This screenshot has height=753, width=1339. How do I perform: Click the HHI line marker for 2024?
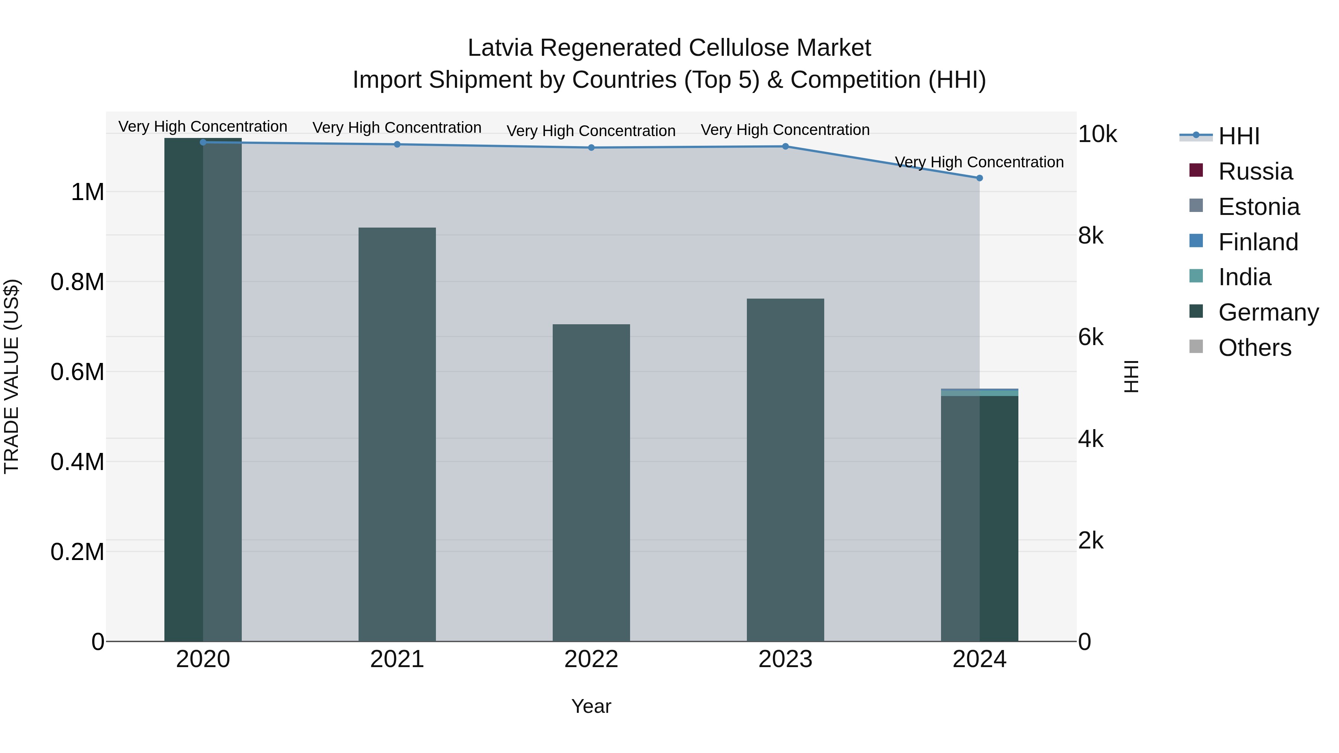979,178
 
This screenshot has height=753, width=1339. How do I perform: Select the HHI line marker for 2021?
397,144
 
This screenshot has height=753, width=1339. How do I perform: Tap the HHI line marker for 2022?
591,148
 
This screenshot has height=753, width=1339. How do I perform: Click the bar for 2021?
397,434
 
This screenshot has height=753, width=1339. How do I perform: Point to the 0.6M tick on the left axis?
77,372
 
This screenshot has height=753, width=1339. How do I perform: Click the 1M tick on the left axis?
87,192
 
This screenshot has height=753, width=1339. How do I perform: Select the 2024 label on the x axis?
979,659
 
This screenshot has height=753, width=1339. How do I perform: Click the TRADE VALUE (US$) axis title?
12,376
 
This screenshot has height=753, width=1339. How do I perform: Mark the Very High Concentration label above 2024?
979,162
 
